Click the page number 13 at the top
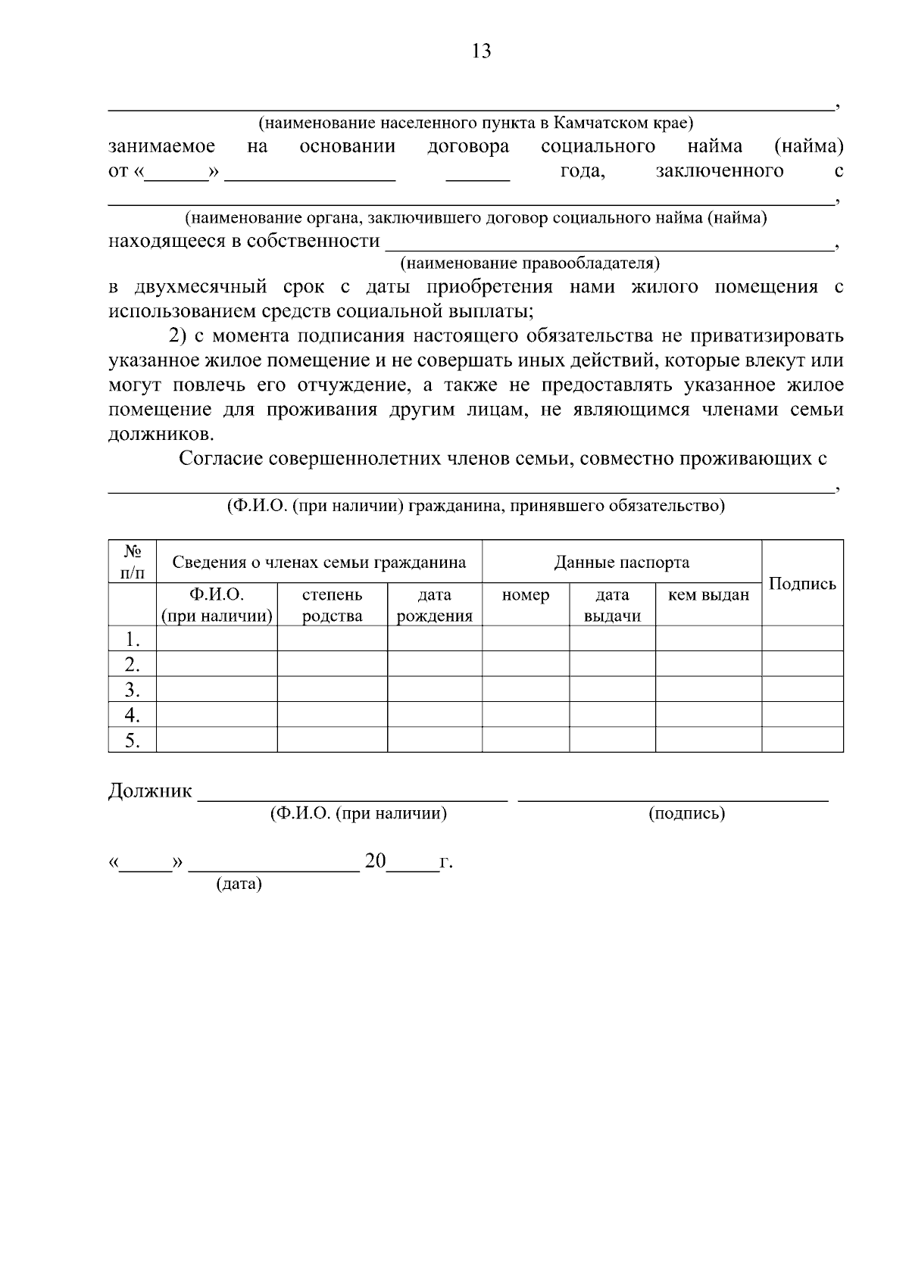coord(482,51)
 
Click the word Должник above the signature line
coord(150,791)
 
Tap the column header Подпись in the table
coord(802,583)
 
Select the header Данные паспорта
coord(621,562)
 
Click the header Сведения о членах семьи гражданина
coord(319,562)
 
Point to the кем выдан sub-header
coord(708,595)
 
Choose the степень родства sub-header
coord(332,605)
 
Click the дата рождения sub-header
coord(434,605)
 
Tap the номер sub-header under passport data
coord(525,595)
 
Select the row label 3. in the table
coord(133,689)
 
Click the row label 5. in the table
coord(133,740)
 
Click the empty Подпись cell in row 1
coord(802,638)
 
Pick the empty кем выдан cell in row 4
coord(708,714)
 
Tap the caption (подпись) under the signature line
coord(686,814)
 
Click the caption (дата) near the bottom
coord(239,884)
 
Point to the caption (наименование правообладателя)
coord(529,264)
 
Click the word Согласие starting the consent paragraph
coord(220,458)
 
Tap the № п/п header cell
coord(133,562)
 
